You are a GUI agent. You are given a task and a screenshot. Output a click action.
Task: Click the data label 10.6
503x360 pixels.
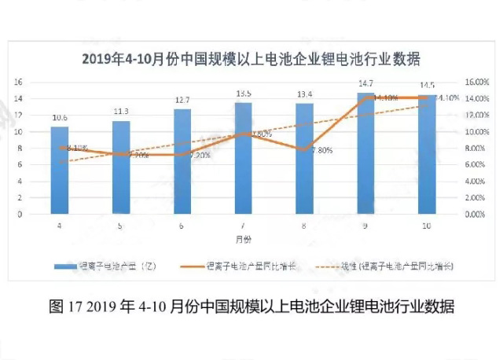(60, 119)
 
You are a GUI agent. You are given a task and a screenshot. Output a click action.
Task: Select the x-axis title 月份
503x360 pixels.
(243, 237)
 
